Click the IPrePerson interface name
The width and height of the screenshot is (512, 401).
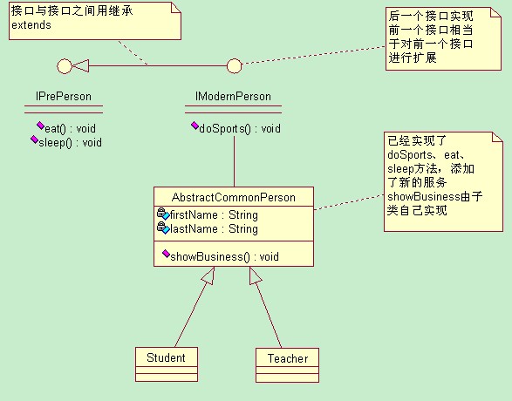click(x=64, y=96)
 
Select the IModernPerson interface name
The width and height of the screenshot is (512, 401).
click(x=233, y=96)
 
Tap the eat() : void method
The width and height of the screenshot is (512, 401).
click(x=70, y=128)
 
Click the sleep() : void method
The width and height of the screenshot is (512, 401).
click(x=70, y=143)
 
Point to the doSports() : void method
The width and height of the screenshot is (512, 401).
click(x=240, y=128)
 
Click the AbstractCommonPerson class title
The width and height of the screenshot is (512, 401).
click(x=234, y=197)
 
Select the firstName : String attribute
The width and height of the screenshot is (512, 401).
click(x=214, y=215)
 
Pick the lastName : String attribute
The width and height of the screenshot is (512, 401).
click(x=214, y=228)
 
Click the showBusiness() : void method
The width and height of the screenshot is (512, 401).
click(x=224, y=257)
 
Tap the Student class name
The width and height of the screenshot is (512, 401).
click(x=166, y=357)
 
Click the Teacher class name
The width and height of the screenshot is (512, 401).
click(x=288, y=358)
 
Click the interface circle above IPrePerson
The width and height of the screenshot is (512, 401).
click(x=65, y=66)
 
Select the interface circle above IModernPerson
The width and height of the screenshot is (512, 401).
click(x=234, y=66)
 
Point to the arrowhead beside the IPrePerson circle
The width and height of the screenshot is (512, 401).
click(x=80, y=66)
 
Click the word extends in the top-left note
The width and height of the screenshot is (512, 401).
click(x=31, y=25)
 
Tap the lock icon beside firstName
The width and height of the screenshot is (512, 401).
click(x=161, y=213)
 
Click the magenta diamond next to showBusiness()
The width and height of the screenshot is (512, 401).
click(x=166, y=253)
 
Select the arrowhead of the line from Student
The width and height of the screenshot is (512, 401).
click(x=208, y=275)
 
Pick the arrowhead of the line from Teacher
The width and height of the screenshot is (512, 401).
click(x=255, y=275)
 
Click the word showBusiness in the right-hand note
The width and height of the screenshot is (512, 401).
click(x=424, y=197)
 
